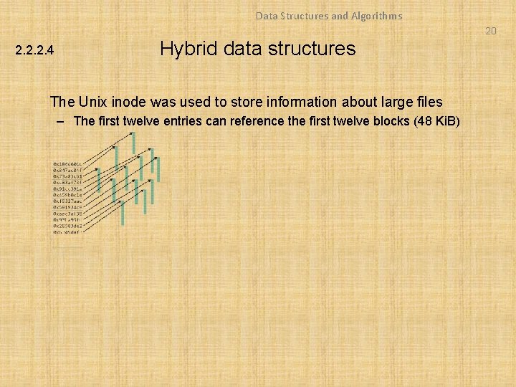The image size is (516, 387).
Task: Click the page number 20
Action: coord(490,31)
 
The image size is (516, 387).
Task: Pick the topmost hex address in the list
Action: coord(67,163)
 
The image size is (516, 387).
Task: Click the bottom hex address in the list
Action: coord(67,232)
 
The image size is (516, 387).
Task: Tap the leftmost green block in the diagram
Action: coord(98,176)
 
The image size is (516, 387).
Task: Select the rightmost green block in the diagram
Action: coord(158,170)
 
